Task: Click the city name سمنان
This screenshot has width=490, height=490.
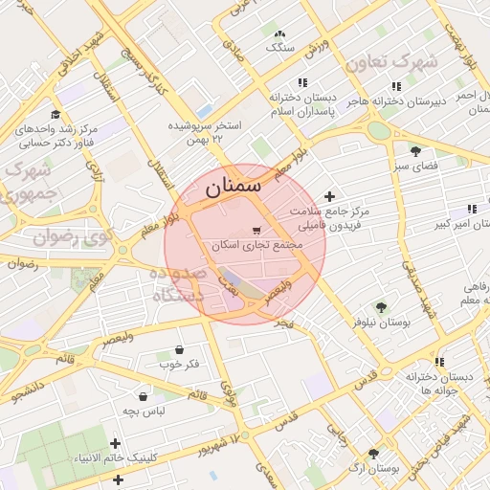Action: click(233, 188)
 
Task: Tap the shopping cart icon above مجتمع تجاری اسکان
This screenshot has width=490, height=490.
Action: click(256, 230)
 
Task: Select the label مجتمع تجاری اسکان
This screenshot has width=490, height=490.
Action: click(256, 245)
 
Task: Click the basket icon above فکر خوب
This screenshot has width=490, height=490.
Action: click(180, 349)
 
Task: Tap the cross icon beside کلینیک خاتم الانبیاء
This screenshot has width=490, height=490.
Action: click(116, 443)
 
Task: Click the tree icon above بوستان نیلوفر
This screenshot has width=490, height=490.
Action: click(381, 307)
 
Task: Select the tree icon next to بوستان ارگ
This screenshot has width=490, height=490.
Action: click(372, 454)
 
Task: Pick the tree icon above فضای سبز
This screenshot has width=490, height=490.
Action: click(415, 151)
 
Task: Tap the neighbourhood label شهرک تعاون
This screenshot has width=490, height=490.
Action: click(390, 62)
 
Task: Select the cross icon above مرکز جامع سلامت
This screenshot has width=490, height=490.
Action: click(330, 195)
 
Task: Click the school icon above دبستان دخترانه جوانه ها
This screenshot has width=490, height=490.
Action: click(439, 362)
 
